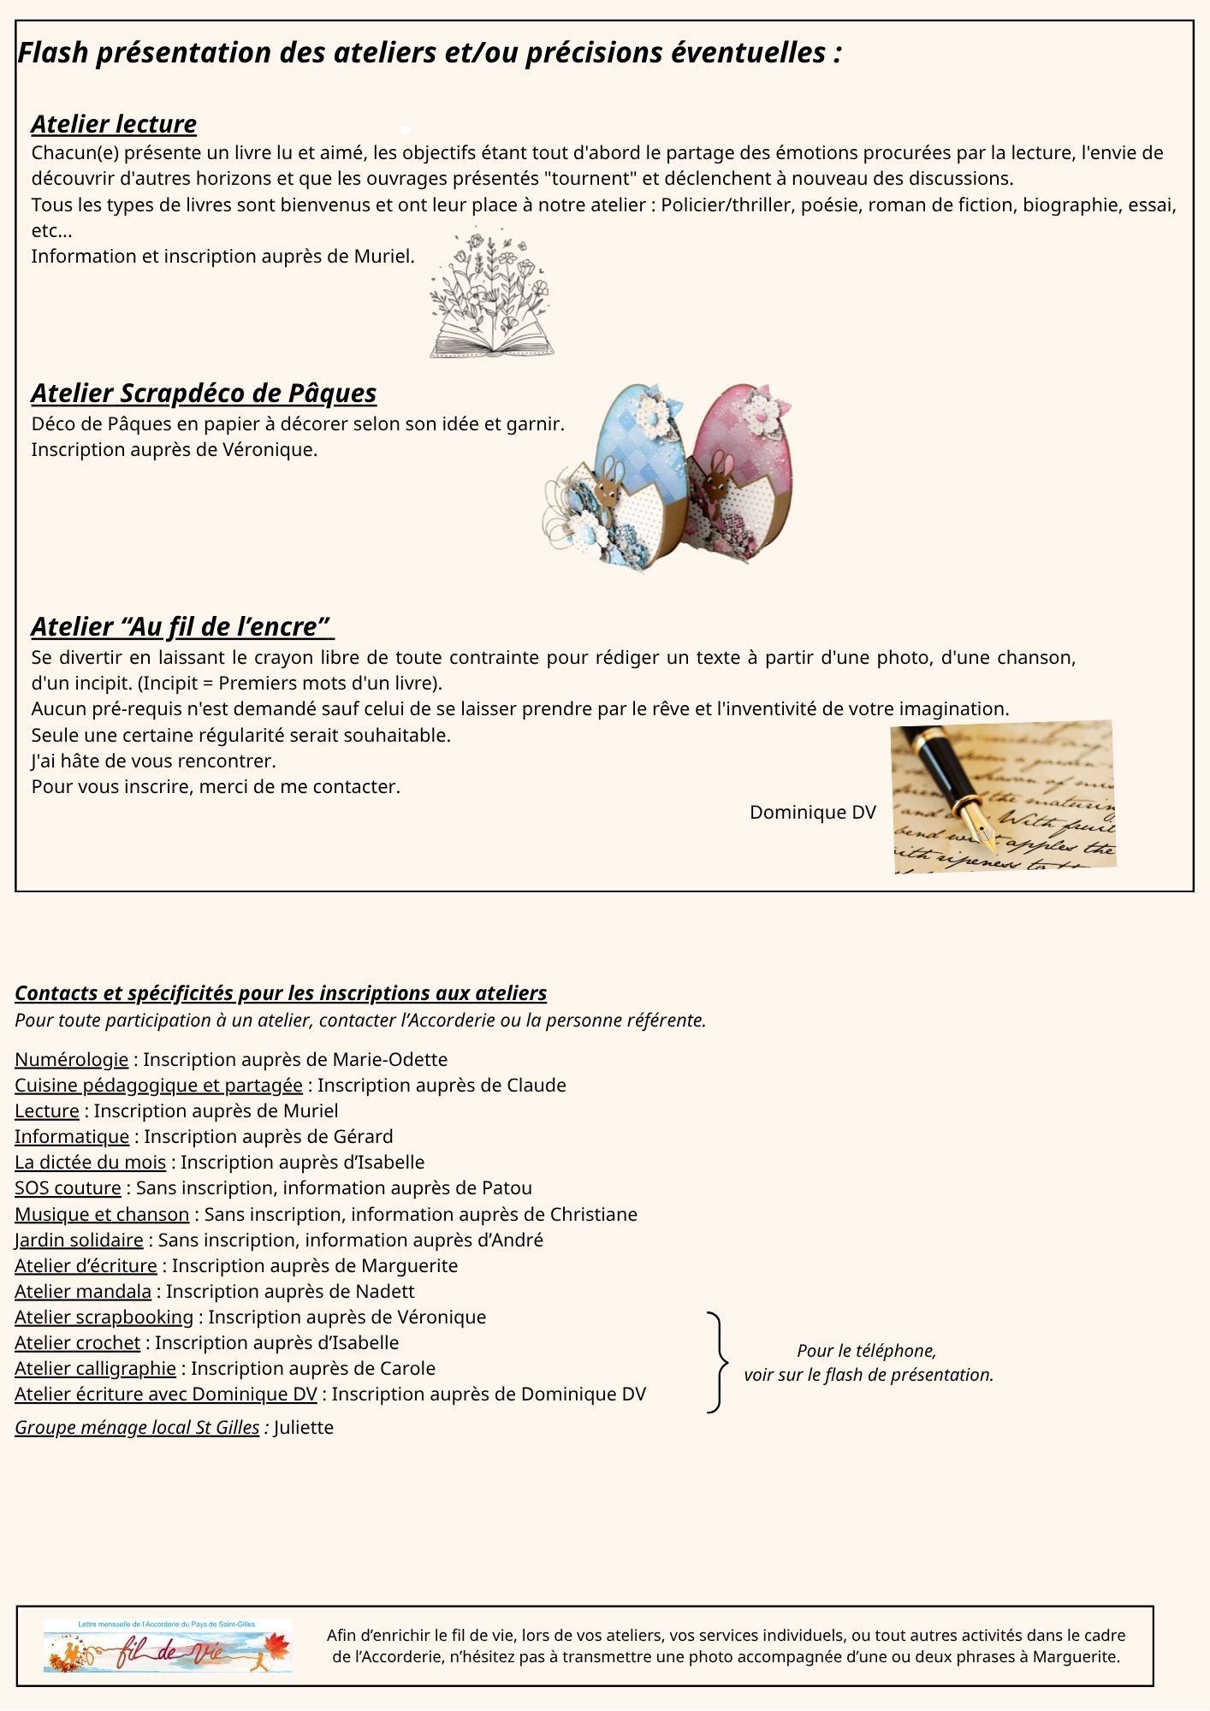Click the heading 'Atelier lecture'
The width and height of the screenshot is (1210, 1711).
point(114,125)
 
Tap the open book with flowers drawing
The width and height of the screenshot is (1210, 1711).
point(491,293)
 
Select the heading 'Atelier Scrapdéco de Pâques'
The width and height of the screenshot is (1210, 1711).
point(204,394)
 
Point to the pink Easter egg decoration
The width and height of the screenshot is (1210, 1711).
point(740,471)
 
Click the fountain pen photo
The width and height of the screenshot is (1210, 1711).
point(1002,796)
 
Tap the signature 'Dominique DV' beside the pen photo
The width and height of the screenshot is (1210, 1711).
point(812,813)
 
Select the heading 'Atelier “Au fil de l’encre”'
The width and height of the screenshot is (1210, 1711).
point(181,627)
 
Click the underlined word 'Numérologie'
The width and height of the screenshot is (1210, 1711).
point(71,1060)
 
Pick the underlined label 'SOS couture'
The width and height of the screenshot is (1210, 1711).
point(68,1188)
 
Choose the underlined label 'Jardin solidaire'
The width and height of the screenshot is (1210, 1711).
point(79,1240)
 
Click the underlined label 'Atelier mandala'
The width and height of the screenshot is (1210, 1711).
point(83,1292)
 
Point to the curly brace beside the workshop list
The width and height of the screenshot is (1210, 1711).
point(718,1361)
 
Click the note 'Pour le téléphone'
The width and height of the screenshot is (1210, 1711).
point(866,1351)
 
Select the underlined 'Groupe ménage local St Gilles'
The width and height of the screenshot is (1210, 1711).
point(137,1428)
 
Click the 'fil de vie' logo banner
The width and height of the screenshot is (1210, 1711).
point(168,1646)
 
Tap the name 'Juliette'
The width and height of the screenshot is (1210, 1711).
point(303,1428)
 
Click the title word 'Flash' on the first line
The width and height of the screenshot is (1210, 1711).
point(53,53)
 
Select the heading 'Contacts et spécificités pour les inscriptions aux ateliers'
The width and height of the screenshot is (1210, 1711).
point(281,993)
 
